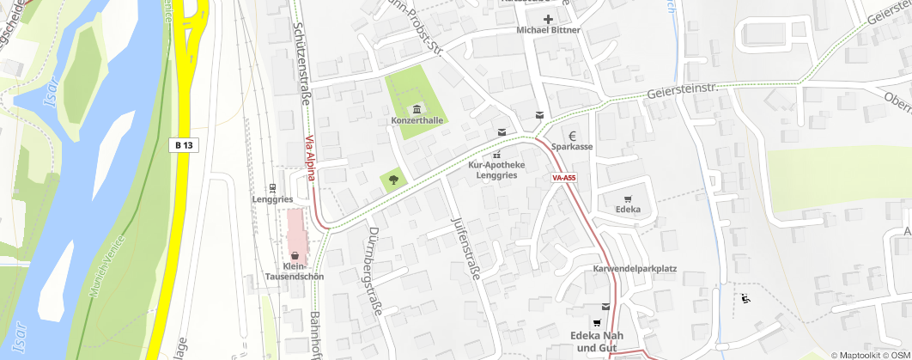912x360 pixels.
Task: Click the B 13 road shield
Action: coord(183,145)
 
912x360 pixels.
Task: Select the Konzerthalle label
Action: coord(416,121)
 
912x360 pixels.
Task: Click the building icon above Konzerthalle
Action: coord(417,108)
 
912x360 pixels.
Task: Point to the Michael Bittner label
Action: coord(548,30)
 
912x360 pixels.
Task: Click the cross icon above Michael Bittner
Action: coord(548,18)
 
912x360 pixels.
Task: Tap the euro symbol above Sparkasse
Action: coord(572,135)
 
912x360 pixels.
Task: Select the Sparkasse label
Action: coord(572,148)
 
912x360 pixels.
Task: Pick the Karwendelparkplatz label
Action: coord(635,269)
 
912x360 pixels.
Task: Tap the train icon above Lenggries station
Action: coord(272,187)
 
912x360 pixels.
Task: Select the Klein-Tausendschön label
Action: coord(295,272)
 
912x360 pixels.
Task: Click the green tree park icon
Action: coord(393,180)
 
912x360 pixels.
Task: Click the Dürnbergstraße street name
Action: coord(371,272)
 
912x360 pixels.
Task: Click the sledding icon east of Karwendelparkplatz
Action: coord(745,299)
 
